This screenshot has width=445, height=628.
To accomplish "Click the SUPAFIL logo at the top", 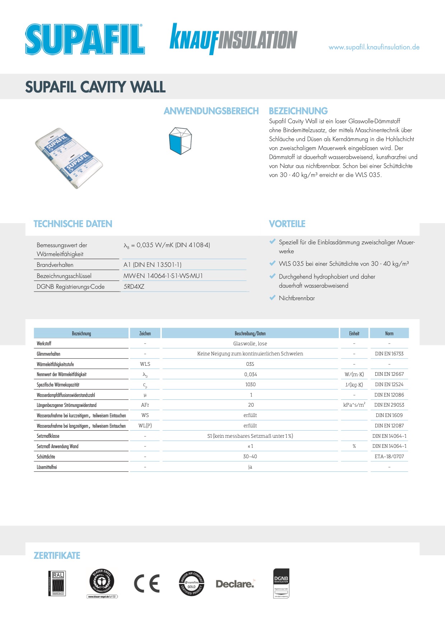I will click(85, 39).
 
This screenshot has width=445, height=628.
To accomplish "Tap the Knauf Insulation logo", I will click(233, 39).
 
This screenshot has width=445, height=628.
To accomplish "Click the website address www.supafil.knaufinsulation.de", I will click(374, 47).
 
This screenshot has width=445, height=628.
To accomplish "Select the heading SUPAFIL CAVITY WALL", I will click(95, 87).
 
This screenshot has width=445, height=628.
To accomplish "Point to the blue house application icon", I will click(180, 141).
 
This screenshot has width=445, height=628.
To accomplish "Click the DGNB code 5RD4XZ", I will click(134, 287).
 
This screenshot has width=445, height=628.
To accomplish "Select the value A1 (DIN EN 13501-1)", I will click(153, 265).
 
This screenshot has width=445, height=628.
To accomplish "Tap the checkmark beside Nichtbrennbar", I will click(272, 297).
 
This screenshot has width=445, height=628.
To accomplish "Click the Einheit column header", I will click(354, 333).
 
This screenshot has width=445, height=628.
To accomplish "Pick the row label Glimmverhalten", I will click(48, 354).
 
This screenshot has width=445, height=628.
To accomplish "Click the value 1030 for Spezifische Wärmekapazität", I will click(250, 384).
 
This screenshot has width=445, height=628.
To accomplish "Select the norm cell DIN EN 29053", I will click(389, 405).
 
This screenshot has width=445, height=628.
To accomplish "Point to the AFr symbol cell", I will click(145, 405).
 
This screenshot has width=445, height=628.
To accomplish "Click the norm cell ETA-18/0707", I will click(389, 456).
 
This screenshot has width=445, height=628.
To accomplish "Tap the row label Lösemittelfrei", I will click(47, 467).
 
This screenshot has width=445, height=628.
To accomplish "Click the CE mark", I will click(147, 584).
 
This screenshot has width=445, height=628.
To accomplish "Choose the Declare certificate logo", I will click(235, 584).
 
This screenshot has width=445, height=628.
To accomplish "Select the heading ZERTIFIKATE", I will click(57, 556).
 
